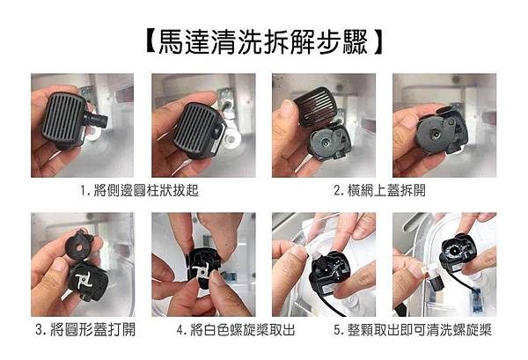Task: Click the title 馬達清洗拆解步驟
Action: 265,42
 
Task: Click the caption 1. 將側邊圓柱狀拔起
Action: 139,191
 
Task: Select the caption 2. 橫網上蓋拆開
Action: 379,191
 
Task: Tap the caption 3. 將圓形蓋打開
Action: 85,329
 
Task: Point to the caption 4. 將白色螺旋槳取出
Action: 236,329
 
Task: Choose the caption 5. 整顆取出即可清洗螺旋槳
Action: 413,329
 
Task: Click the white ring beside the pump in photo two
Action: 232,136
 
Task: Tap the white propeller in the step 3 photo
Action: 82,278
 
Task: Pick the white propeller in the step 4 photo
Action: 202,270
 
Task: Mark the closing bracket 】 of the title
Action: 378,42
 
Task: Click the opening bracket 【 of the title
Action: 150,42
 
